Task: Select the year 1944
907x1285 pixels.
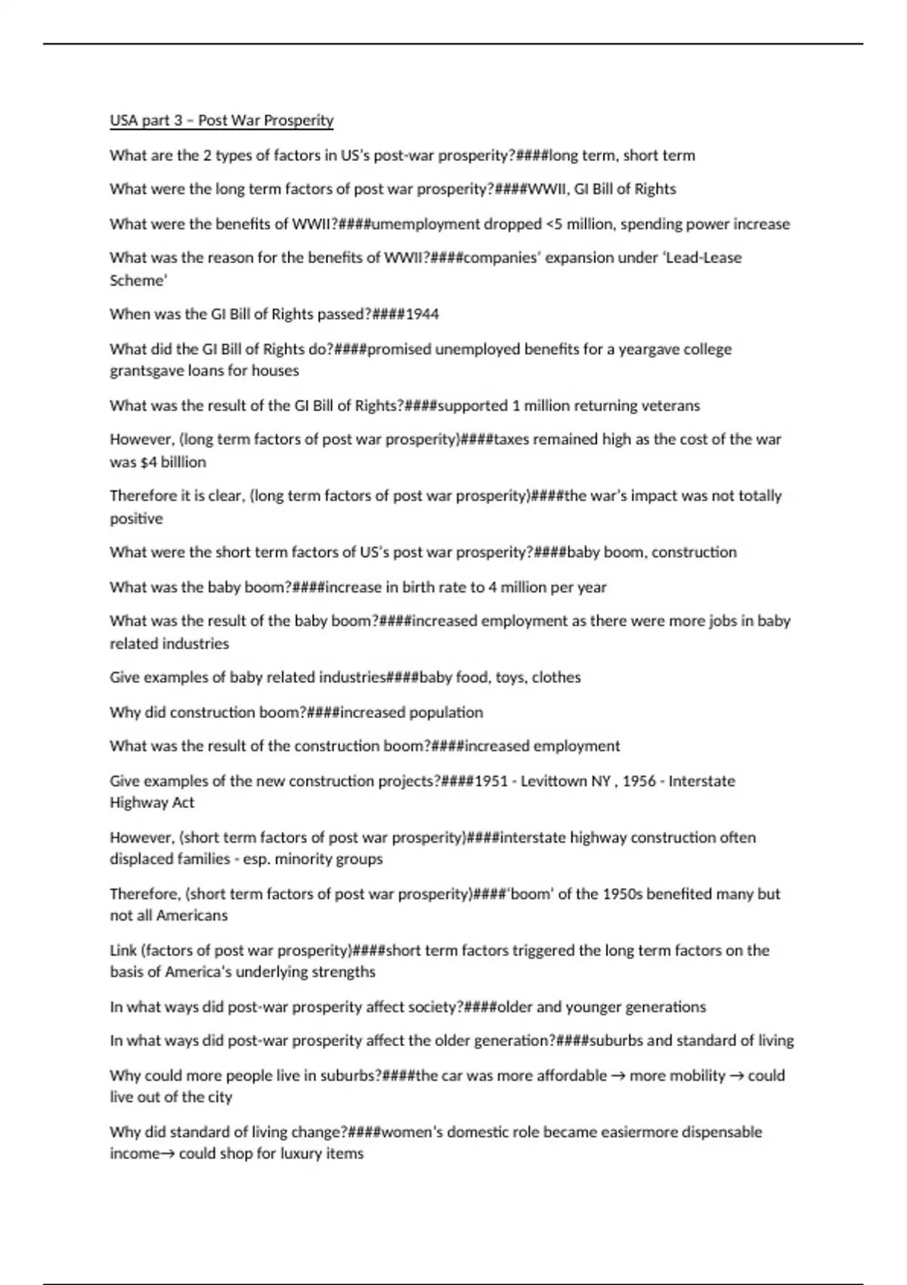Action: point(422,314)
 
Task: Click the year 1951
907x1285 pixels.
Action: point(491,781)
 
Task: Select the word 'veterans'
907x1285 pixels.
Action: point(670,406)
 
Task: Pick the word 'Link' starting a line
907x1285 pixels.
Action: point(123,950)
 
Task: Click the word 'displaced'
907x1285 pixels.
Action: point(141,859)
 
